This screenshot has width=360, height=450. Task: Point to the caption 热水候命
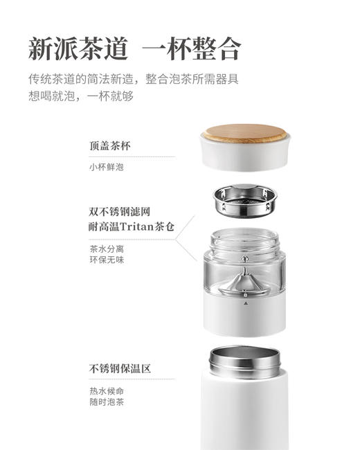tap(106, 390)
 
